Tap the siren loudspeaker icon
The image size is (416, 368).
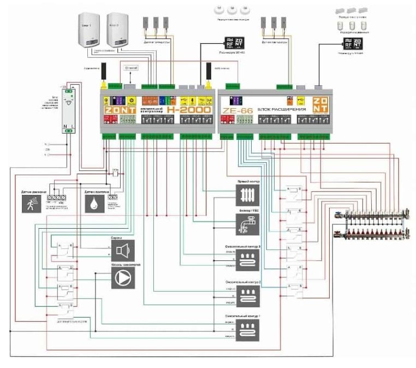(x=122, y=251)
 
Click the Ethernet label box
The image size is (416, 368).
(x=132, y=67)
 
